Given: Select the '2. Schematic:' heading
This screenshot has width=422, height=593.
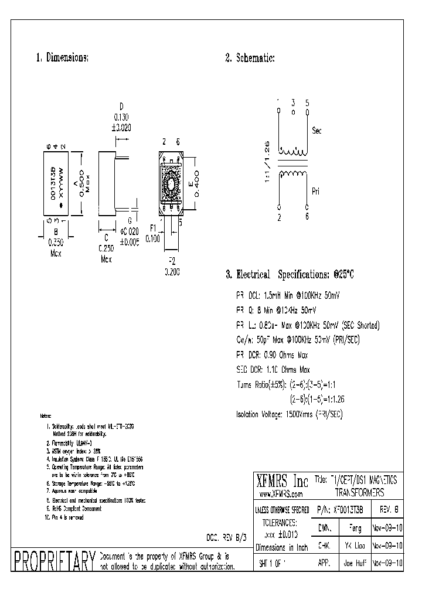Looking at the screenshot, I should pos(250,58).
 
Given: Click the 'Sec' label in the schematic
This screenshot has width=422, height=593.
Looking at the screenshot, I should pos(317,130).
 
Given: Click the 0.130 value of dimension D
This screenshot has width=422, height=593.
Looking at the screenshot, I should pos(121,117).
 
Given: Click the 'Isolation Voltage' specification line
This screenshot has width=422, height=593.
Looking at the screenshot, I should pos(289,414).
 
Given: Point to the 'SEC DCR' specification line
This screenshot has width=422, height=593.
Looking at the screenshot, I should pos(273,369).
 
